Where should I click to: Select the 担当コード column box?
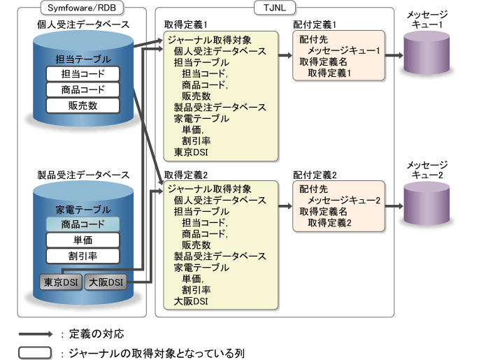pos(83,74)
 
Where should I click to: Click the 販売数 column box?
pos(83,106)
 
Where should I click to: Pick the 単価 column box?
pos(83,240)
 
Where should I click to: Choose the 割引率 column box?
pos(83,256)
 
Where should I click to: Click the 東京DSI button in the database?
pos(60,282)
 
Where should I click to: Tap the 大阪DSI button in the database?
pos(104,282)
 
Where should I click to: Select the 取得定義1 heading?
pos(183,24)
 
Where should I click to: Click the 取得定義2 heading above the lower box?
pos(183,173)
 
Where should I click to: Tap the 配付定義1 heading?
pos(315,24)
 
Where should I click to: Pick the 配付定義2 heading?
pos(315,173)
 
